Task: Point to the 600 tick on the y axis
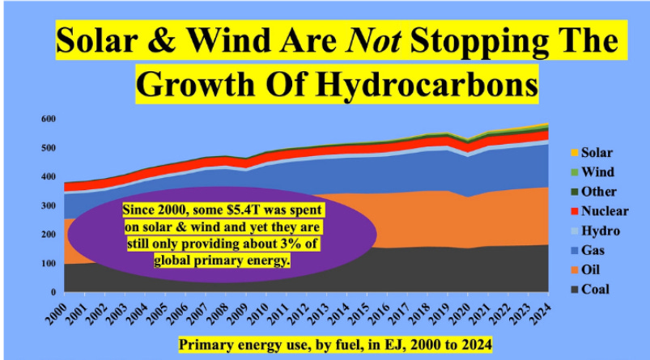[49, 119]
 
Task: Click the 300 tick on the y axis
[49, 205]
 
